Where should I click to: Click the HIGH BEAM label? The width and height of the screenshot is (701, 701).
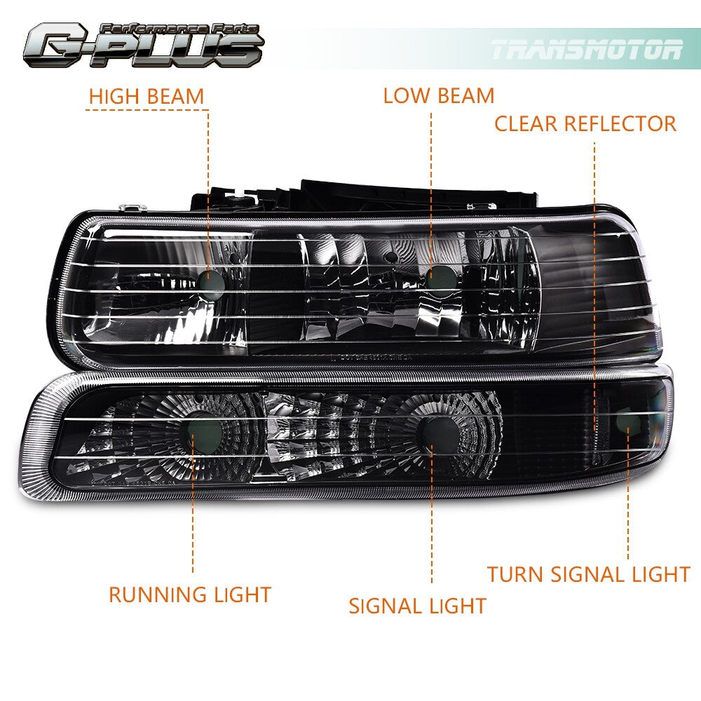(147, 97)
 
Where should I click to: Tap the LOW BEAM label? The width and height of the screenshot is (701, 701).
(439, 95)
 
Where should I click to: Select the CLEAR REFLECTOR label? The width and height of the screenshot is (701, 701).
(585, 124)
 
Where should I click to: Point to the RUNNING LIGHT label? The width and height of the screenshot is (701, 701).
(190, 594)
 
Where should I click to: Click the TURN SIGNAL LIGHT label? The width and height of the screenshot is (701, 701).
(589, 575)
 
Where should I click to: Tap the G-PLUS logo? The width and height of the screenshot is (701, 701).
(144, 45)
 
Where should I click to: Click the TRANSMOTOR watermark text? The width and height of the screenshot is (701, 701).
(587, 50)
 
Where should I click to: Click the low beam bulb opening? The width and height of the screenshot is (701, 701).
(440, 278)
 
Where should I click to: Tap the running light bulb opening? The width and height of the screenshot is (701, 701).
(204, 430)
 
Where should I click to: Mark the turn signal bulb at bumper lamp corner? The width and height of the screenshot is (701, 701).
(628, 421)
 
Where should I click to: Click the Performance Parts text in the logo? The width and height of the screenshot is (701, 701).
(179, 29)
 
